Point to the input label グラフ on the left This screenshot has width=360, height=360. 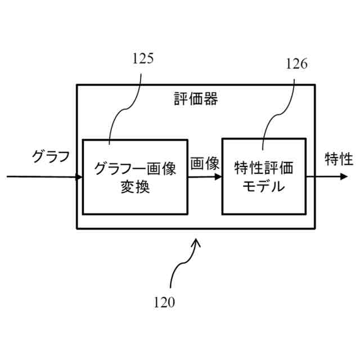click(x=50, y=156)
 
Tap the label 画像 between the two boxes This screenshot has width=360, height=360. click(x=204, y=164)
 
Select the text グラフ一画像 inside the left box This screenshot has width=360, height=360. click(x=136, y=168)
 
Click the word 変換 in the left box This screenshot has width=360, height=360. click(x=135, y=187)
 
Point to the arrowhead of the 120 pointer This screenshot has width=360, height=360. click(x=196, y=242)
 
